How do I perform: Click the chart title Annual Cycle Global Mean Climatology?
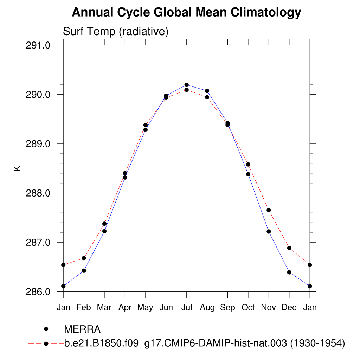186,13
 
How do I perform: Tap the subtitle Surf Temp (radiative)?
116,32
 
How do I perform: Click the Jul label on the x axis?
187,307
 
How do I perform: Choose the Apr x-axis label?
125,307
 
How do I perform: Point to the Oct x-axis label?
248,307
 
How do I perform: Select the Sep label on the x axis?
227,307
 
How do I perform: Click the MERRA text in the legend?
82,329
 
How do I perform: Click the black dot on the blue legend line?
46,329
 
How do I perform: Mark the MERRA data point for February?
84,270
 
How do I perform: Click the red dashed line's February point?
84,258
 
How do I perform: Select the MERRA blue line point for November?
269,231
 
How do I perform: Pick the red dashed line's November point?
269,210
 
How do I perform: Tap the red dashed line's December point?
289,248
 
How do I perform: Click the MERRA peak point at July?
187,85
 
